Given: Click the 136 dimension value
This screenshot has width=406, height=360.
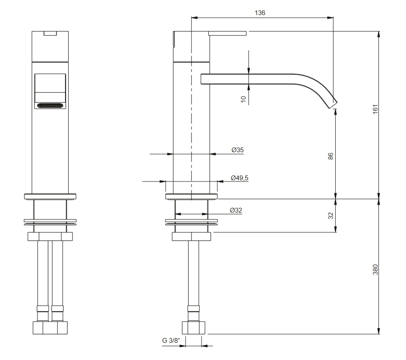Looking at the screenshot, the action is (260, 13).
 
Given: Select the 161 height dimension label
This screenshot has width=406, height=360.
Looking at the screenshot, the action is (375, 109).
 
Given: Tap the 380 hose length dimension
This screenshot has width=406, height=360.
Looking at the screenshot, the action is (375, 269).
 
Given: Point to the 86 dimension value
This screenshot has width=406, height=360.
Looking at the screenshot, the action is (330, 156).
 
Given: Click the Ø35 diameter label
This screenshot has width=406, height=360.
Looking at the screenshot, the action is (237, 150).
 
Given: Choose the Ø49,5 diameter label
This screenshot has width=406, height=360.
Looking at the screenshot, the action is (239, 178).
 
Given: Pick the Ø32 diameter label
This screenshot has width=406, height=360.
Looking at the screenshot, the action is (236, 210).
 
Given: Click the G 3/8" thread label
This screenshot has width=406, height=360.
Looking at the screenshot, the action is (171, 340).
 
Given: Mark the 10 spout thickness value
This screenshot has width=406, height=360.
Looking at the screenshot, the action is (243, 99).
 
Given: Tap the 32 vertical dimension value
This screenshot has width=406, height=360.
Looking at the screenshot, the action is (330, 216).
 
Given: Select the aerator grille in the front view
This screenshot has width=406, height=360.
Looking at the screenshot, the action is (50, 106).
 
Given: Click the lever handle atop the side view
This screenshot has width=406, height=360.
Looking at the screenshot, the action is (227, 33).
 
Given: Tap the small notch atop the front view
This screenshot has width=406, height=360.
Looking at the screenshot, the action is (50, 33).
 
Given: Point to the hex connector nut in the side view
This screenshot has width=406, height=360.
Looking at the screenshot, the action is (194, 328).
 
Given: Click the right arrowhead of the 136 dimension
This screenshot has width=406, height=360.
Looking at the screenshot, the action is (330, 18).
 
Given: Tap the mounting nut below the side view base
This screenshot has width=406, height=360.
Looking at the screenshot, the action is (191, 237).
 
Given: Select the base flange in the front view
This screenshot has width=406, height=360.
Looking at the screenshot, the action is (50, 197).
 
